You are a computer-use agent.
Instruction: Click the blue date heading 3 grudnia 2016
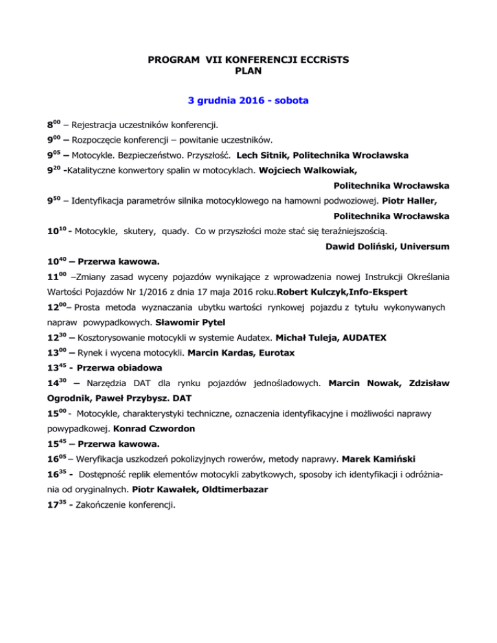[248, 101]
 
